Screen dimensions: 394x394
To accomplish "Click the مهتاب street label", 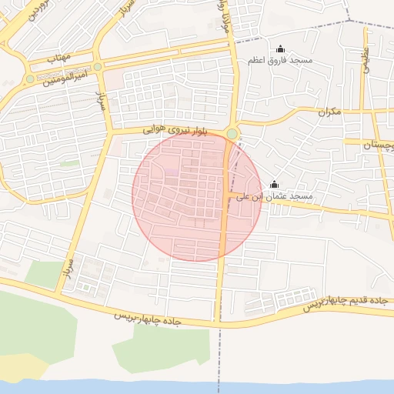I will [58, 58].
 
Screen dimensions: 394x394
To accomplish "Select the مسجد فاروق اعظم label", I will [279, 60].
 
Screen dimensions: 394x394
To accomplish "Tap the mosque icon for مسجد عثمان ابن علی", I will [275, 184].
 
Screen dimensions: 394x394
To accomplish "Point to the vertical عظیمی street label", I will [365, 58].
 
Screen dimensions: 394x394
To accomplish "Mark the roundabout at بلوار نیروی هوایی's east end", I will [232, 134].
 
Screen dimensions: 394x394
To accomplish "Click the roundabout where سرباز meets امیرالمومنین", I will [98, 67].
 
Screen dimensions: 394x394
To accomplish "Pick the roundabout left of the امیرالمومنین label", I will [30, 78].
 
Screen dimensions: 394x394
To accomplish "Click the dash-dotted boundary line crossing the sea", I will [219, 385].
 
